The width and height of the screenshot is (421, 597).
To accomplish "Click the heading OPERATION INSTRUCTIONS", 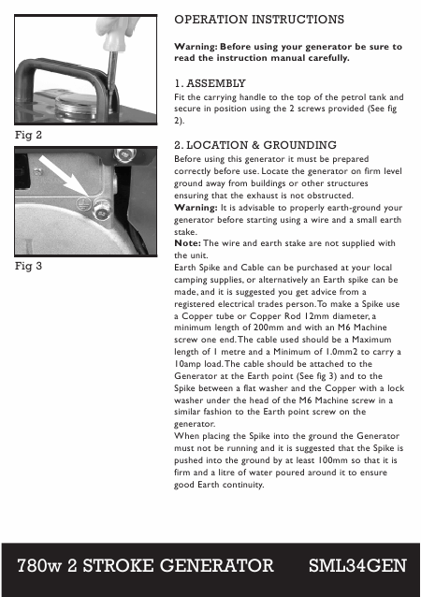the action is click(259, 20).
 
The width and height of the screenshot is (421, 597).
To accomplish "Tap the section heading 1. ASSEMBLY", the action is click(210, 83).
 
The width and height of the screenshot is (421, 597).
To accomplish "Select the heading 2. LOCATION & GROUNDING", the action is click(255, 145).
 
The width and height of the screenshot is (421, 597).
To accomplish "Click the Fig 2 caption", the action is click(28, 135).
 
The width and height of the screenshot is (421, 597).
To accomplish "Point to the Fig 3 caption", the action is click(28, 266).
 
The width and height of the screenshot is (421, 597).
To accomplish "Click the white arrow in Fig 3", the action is click(64, 176).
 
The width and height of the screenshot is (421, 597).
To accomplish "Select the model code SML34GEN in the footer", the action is click(357, 566).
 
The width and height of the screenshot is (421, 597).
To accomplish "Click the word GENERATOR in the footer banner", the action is click(217, 566).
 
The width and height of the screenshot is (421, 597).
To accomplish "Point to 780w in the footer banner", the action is click(39, 566).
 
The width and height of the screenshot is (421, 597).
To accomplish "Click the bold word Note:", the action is click(187, 243).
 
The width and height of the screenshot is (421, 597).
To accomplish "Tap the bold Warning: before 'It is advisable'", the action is click(196, 208).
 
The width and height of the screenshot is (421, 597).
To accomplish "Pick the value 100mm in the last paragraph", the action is click(333, 460).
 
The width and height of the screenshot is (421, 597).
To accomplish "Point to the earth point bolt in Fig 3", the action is click(102, 211).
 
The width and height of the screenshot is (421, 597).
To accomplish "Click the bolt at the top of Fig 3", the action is click(124, 155).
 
